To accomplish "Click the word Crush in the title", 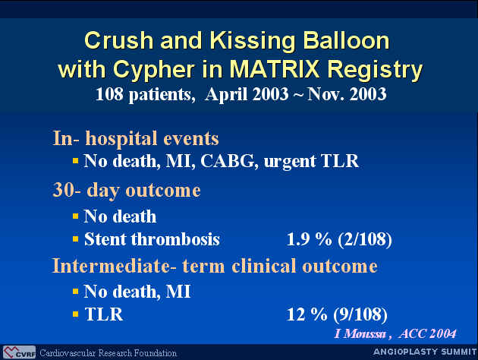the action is pyautogui.click(x=119, y=40).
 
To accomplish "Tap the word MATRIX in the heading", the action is pyautogui.click(x=275, y=69).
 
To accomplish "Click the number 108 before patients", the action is pyautogui.click(x=109, y=94).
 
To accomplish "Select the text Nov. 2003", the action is pyautogui.click(x=347, y=94).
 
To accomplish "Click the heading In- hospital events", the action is pyautogui.click(x=136, y=139).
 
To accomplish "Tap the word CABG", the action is pyautogui.click(x=228, y=161).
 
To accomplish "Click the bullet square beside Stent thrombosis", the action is pyautogui.click(x=76, y=239).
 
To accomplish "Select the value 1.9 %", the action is pyautogui.click(x=309, y=239).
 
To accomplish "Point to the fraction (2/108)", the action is pyautogui.click(x=365, y=240).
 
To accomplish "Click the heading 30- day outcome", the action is pyautogui.click(x=127, y=191).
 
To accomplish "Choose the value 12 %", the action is pyautogui.click(x=307, y=314).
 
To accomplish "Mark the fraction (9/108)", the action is pyautogui.click(x=360, y=315).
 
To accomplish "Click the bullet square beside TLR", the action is pyautogui.click(x=76, y=314).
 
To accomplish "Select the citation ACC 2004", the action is pyautogui.click(x=427, y=333).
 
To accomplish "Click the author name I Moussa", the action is pyautogui.click(x=360, y=333).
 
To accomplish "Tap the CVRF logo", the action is pyautogui.click(x=19, y=352).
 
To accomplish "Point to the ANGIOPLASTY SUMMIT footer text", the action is pyautogui.click(x=425, y=352).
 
